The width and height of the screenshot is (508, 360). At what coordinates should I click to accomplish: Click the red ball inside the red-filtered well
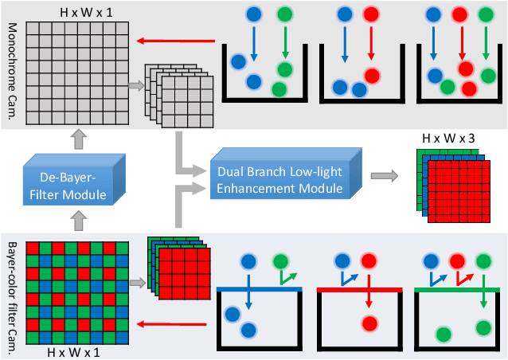tap(369, 323)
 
